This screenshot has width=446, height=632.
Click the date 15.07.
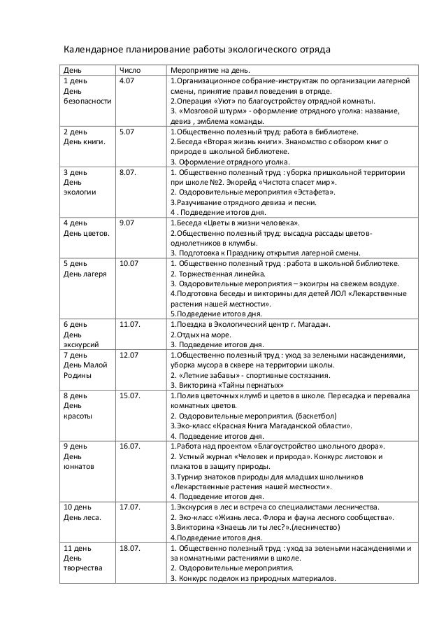tap(130, 395)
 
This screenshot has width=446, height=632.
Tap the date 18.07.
tap(130, 547)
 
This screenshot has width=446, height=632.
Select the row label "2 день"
tap(75, 132)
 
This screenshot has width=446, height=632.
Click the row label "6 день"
tap(75, 325)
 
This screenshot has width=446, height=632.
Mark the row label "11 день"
tap(78, 547)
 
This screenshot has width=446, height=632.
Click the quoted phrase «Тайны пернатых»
tap(253, 385)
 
